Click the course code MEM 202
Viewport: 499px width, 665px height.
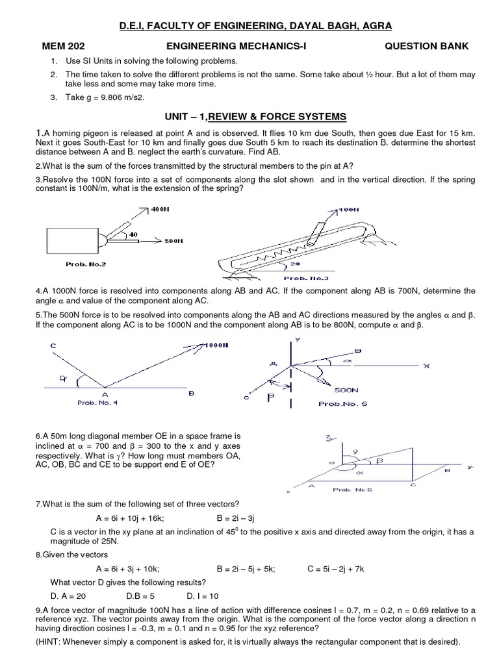coord(64,46)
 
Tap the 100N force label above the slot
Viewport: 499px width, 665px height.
coord(348,210)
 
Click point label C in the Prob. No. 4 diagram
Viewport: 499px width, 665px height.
coord(53,347)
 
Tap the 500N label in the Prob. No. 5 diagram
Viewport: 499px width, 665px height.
coord(346,390)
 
